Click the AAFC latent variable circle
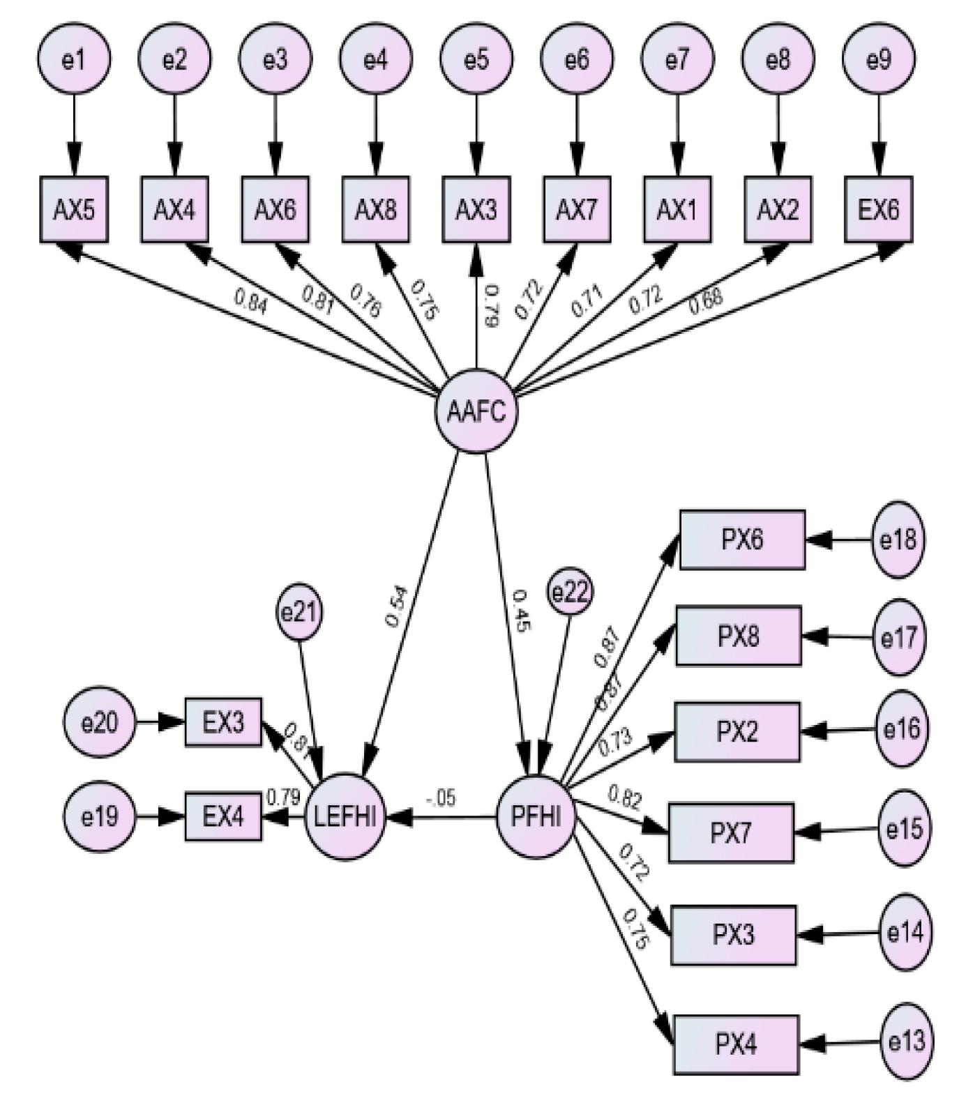476,411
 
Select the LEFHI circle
346,816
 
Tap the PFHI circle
536,816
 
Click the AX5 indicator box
74,209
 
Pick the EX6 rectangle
878,209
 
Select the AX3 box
476,209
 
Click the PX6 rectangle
742,540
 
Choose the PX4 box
736,1044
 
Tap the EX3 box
223,722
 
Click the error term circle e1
74,60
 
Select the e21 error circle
299,613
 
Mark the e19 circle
99,816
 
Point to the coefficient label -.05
441,797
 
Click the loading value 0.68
706,300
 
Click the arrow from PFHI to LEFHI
446,816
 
